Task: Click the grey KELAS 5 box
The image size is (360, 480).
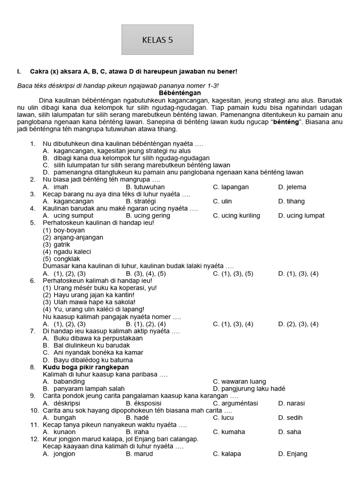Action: (157, 40)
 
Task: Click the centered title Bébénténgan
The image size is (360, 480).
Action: (180, 93)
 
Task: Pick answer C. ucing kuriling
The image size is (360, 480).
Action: (236, 216)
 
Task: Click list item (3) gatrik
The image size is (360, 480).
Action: (57, 245)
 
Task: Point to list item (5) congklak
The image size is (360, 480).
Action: (61, 259)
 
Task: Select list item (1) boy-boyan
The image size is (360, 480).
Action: (64, 230)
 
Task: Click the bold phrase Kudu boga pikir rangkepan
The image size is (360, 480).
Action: (86, 367)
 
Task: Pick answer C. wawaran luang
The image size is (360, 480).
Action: (239, 382)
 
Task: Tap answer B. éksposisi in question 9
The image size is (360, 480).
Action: (143, 403)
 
